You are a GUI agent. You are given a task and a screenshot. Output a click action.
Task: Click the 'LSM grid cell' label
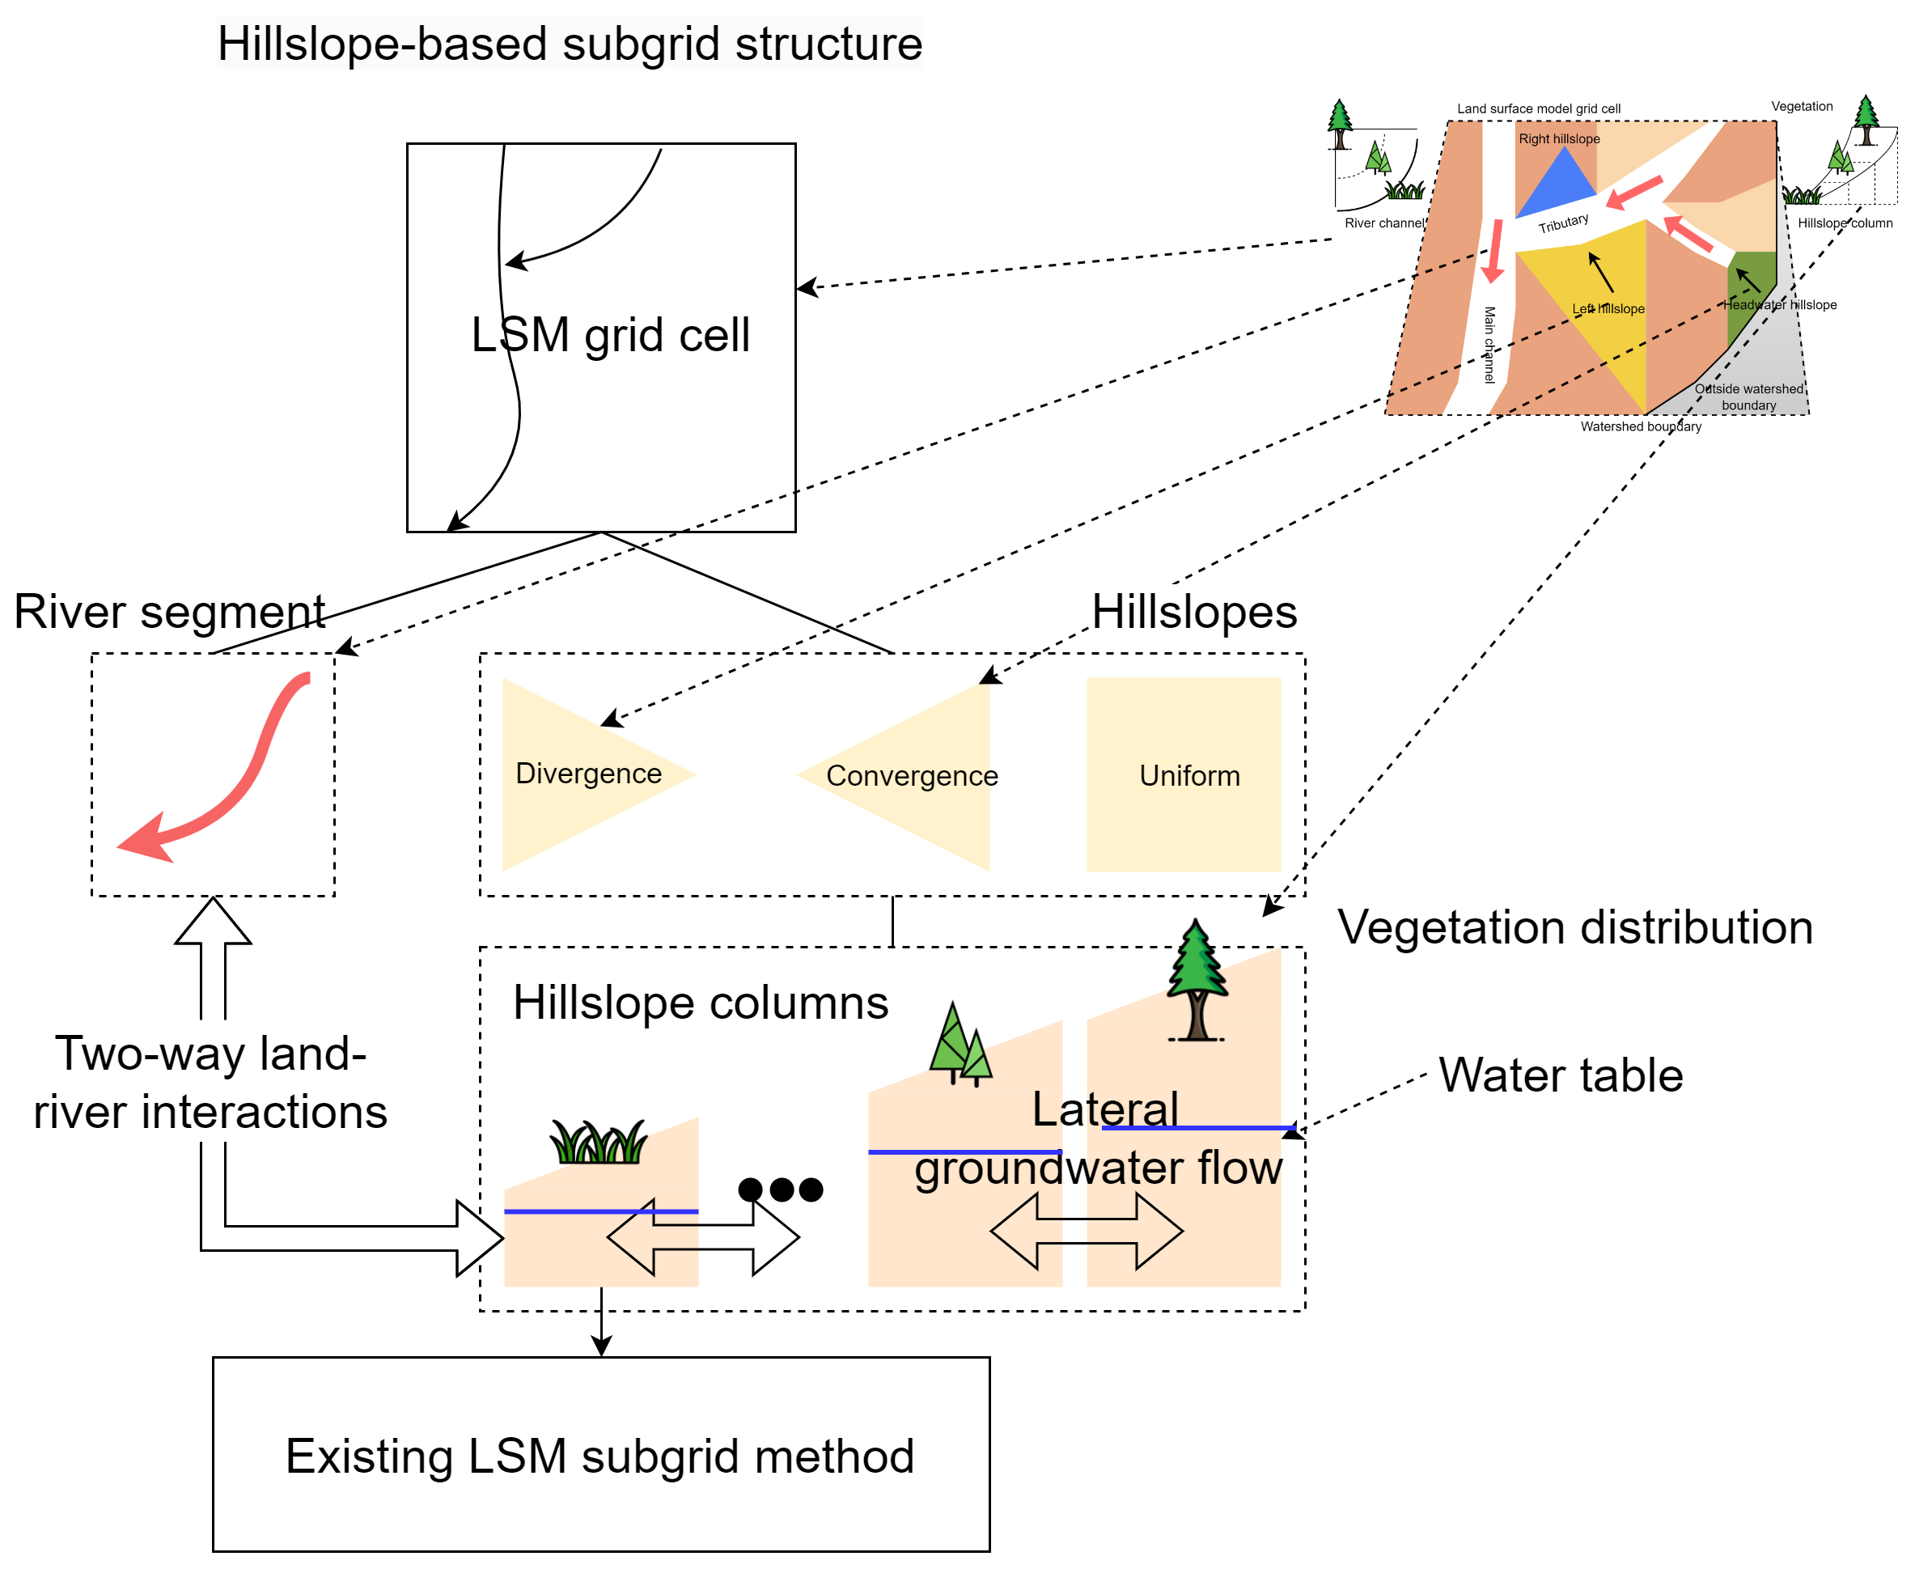610,335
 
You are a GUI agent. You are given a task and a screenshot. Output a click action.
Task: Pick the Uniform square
1184,774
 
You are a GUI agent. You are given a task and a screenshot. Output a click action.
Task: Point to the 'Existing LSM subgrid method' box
601,1455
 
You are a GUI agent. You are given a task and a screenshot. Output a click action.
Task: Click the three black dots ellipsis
781,1189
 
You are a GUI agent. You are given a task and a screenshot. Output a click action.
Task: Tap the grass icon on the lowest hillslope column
598,1143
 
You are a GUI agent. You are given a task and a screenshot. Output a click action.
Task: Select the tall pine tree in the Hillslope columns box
1197,982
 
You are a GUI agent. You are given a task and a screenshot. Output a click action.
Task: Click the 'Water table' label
1561,1075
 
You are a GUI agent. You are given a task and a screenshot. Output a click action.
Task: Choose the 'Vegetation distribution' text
1575,927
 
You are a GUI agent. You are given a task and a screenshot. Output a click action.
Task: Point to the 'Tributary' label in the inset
1563,223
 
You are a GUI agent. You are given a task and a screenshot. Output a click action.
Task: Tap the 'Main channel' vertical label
1489,345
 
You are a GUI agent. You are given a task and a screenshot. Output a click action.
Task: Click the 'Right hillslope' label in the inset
1559,139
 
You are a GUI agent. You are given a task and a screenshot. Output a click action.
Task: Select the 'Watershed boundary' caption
1640,426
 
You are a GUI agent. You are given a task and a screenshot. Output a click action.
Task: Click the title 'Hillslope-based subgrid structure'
570,44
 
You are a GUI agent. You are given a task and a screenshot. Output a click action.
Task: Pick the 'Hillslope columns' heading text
701,1003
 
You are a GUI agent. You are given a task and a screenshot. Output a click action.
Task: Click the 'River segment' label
169,612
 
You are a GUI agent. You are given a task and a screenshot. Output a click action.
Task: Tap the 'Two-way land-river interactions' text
210,1083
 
